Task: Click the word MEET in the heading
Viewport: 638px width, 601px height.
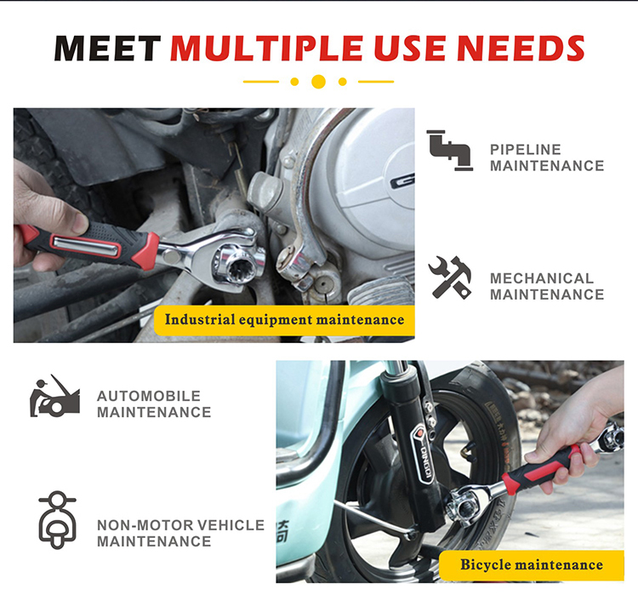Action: click(107, 49)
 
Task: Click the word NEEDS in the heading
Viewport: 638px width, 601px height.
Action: click(521, 49)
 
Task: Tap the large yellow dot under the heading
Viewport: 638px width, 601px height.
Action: click(318, 82)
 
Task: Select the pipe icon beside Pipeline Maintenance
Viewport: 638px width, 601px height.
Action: click(450, 150)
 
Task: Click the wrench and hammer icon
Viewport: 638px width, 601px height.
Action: click(450, 278)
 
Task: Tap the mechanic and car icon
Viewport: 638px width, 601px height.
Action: click(54, 396)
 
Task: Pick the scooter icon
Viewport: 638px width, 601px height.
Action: click(57, 519)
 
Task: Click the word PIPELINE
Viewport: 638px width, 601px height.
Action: click(526, 150)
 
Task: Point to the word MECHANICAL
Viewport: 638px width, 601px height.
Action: click(542, 278)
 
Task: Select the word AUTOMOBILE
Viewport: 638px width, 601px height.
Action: click(149, 396)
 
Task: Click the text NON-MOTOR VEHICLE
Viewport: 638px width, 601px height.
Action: click(180, 525)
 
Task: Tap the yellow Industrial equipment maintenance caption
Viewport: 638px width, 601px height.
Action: click(284, 320)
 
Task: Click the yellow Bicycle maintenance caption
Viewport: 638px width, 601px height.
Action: click(532, 565)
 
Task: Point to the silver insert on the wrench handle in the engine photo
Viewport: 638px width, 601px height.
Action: click(86, 247)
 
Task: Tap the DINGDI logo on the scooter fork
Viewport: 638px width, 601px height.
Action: click(424, 452)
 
